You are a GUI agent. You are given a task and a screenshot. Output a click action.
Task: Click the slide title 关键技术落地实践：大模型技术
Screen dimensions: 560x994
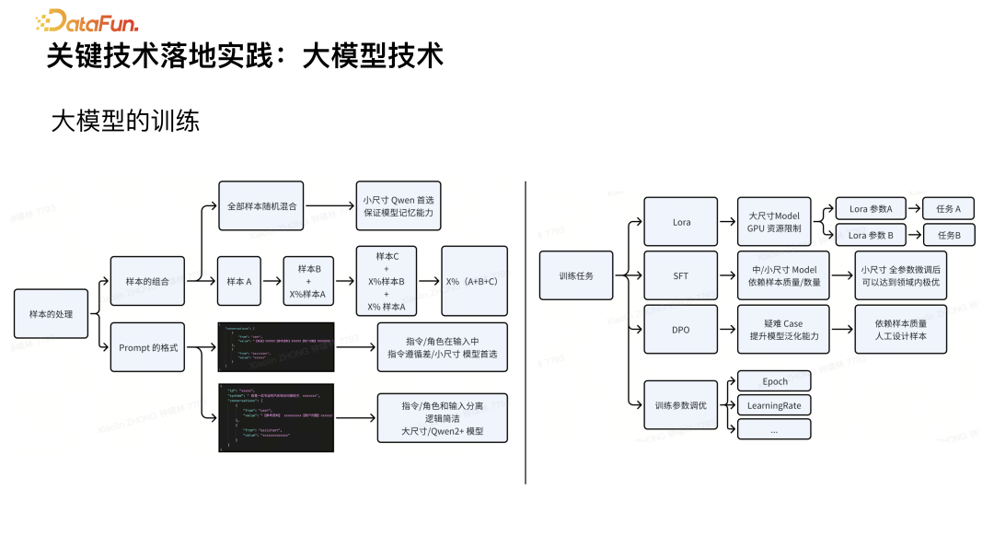245,55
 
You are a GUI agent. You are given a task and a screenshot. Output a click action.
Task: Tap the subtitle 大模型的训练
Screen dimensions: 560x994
125,121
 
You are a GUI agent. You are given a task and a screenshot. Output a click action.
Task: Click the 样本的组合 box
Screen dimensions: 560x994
146,280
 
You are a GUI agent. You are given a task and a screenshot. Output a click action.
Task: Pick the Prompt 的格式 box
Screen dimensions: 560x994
146,347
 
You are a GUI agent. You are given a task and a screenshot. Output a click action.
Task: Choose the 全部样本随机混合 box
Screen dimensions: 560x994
260,206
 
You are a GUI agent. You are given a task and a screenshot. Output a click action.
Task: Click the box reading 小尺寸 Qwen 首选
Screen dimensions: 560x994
398,206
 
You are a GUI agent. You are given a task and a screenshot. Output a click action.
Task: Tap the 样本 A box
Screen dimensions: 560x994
239,280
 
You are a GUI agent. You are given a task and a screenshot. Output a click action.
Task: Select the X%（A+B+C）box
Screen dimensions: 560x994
474,280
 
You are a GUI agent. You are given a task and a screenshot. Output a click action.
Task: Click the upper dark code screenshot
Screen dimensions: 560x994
275,347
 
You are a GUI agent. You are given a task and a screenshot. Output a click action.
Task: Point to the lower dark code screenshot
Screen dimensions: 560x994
275,417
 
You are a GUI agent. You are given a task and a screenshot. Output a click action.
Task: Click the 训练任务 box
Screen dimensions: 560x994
575,274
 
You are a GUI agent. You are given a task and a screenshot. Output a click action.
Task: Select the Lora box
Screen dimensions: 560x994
681,222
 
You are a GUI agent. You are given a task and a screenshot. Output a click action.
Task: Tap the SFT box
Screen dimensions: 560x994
681,274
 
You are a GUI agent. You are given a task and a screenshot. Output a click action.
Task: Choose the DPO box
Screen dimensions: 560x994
681,329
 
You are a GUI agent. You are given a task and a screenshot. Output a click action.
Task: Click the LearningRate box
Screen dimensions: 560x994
774,405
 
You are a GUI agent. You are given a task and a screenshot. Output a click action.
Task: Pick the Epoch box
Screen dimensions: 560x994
774,381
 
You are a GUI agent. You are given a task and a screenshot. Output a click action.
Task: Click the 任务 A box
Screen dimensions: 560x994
948,209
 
